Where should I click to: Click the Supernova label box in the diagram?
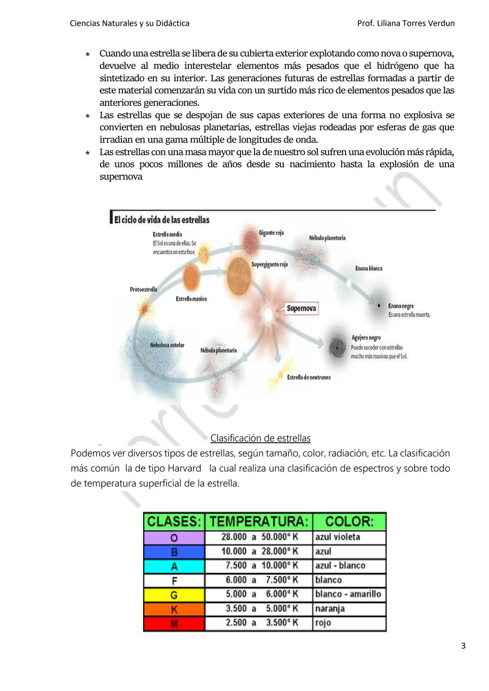(x=301, y=309)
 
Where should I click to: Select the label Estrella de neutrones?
(x=309, y=377)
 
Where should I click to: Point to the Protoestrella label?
(x=144, y=290)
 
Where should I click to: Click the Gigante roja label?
(x=271, y=233)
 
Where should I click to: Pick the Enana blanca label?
(x=369, y=269)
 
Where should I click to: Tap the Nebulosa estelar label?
(x=167, y=345)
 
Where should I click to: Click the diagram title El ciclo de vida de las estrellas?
(x=162, y=220)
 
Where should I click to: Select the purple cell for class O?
(x=174, y=538)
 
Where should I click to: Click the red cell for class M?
(x=174, y=624)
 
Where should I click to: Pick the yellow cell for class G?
(x=174, y=595)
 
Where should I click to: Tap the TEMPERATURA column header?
(x=259, y=522)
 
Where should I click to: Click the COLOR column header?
(x=349, y=522)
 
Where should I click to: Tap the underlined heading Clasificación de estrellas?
(x=260, y=438)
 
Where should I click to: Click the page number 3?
(x=463, y=646)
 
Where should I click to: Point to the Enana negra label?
(x=401, y=306)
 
